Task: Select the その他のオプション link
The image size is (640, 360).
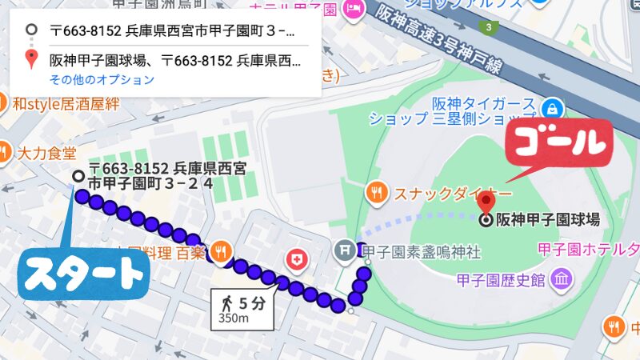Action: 102,80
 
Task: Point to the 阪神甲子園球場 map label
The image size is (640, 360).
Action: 548,219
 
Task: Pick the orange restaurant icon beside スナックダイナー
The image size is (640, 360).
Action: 376,192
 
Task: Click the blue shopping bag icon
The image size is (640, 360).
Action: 550,107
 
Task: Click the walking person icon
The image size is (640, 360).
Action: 228,304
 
